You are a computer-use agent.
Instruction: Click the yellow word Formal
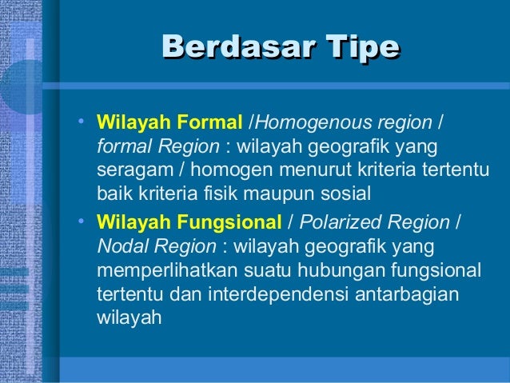pos(210,124)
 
